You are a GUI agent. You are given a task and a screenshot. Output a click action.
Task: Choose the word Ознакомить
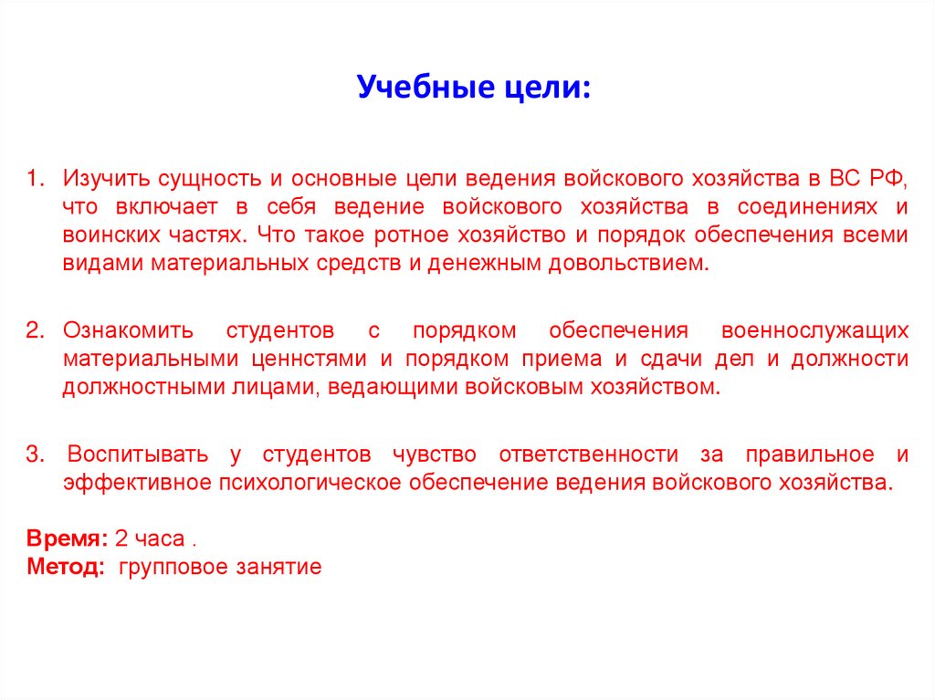[123, 329]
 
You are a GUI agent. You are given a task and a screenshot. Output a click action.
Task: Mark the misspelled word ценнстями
[310, 359]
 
